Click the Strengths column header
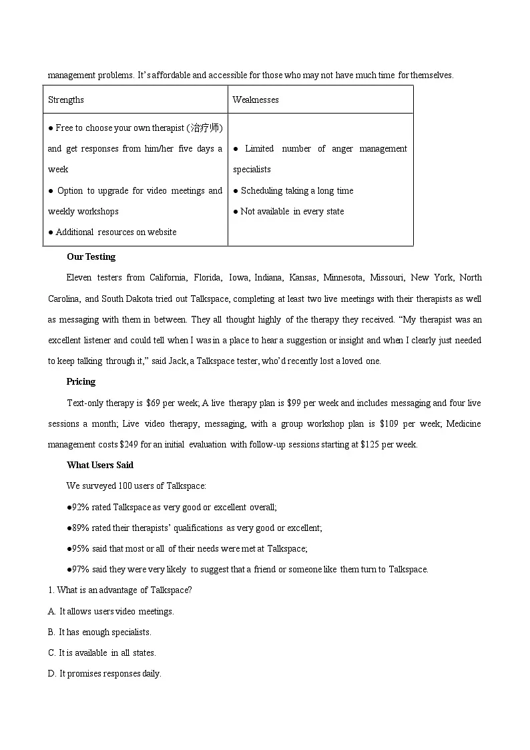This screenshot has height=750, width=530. pos(66,100)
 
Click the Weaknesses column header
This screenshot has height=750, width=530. pos(256,100)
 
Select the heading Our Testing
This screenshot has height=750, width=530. pos(91,256)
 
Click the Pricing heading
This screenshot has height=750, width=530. pos(81,381)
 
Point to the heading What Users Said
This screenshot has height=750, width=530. pos(99,465)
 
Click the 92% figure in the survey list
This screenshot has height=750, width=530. pos(79,507)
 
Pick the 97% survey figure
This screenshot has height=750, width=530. pos(79,569)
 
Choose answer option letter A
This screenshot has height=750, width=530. pos(51,611)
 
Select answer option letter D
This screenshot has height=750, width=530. pos(51,673)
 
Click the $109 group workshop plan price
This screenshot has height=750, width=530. pos(389,423)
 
